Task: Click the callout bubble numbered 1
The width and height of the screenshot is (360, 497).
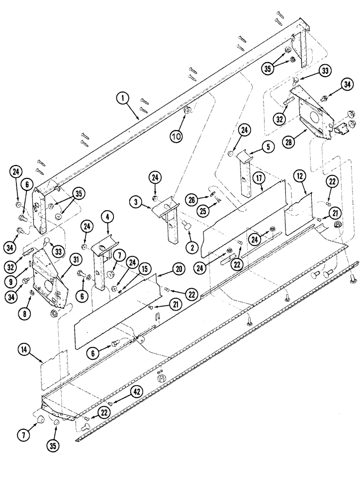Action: [121, 98]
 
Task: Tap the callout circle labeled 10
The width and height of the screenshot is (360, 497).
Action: [177, 135]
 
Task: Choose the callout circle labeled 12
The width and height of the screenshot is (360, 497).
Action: [299, 175]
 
